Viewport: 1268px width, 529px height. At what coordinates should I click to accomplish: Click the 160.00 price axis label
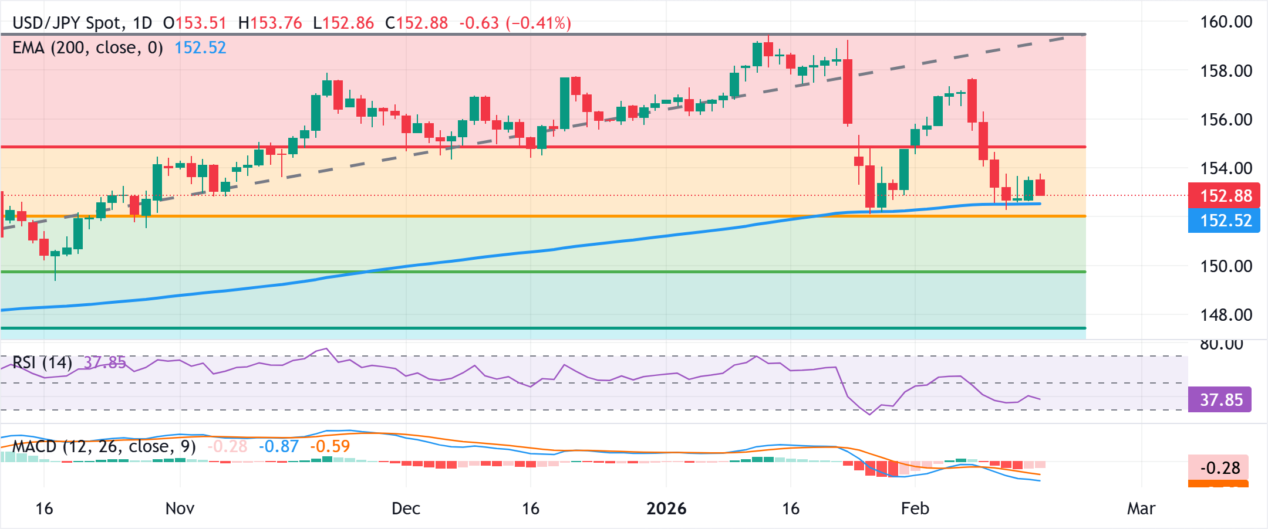click(x=1226, y=22)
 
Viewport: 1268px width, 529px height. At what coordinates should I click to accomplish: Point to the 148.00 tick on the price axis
click(x=1226, y=315)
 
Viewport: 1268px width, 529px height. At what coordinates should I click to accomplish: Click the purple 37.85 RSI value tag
click(x=1220, y=400)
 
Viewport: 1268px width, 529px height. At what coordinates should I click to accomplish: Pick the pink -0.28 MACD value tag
click(x=1219, y=468)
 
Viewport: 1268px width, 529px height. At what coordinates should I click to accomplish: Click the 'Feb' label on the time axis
click(x=915, y=508)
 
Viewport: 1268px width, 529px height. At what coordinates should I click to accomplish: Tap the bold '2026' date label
click(x=666, y=508)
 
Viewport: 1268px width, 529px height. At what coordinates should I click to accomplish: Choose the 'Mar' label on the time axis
click(x=1141, y=508)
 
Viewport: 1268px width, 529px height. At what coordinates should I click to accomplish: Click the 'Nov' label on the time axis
click(x=180, y=508)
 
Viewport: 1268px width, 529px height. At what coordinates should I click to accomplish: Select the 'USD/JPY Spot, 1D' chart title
click(x=82, y=23)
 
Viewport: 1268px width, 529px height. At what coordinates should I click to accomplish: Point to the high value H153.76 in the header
click(x=270, y=23)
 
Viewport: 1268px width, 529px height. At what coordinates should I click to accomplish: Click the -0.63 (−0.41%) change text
click(x=515, y=23)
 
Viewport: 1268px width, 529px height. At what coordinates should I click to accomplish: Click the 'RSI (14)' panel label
click(x=42, y=362)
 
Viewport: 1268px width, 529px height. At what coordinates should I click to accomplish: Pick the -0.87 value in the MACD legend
click(x=279, y=446)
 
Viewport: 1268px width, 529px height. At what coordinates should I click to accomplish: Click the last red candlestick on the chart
click(x=1040, y=188)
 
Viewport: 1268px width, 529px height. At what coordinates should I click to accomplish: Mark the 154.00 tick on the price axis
click(x=1226, y=168)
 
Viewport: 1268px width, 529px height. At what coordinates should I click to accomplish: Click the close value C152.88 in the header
click(x=416, y=23)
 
